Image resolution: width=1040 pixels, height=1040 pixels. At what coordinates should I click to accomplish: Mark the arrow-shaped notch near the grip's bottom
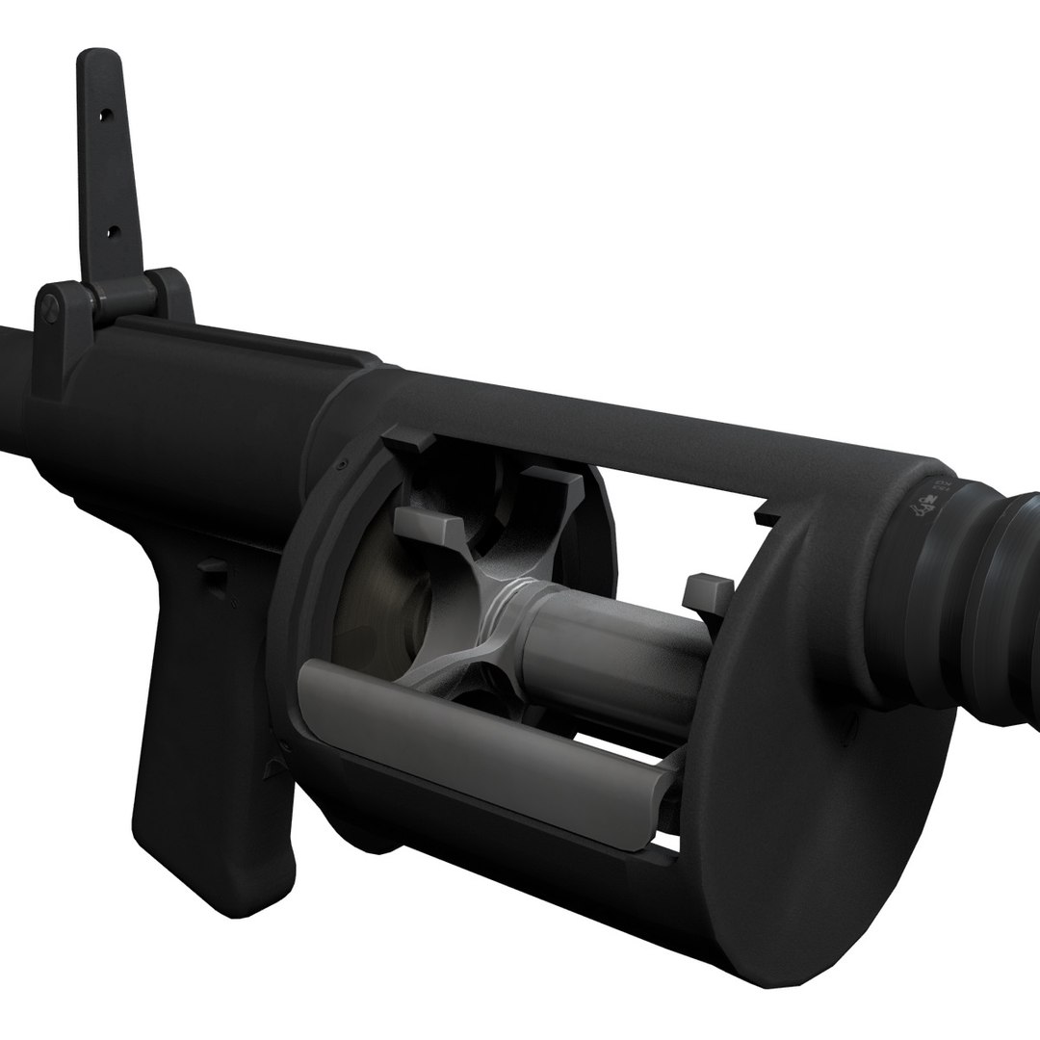(x=271, y=766)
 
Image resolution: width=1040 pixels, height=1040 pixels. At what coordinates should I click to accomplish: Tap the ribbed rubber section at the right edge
(x=992, y=616)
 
